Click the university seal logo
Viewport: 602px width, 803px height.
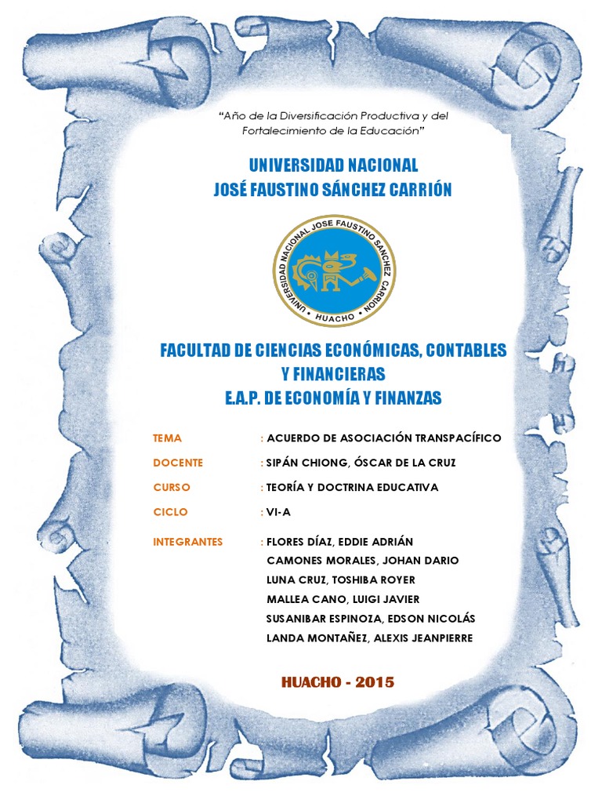pyautogui.click(x=334, y=271)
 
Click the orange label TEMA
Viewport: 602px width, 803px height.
pyautogui.click(x=167, y=438)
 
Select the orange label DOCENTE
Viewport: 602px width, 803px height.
pyautogui.click(x=178, y=463)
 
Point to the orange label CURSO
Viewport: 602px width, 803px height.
pyautogui.click(x=172, y=488)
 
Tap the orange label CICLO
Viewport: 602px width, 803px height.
pyautogui.click(x=170, y=512)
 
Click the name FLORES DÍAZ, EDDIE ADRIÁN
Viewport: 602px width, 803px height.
pyautogui.click(x=340, y=542)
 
